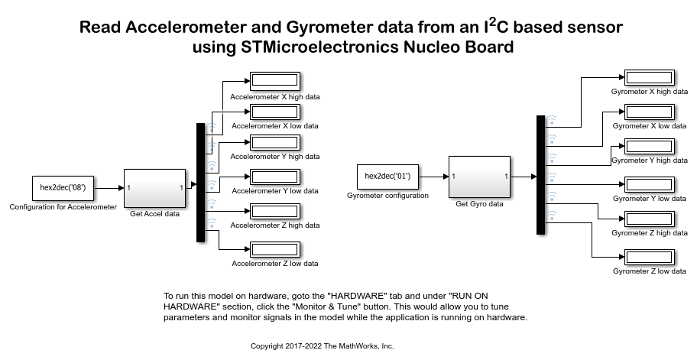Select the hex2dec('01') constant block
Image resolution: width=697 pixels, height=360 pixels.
pos(387,177)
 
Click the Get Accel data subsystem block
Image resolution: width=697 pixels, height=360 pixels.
pos(155,188)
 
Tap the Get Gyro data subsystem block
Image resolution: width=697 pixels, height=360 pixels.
pos(479,177)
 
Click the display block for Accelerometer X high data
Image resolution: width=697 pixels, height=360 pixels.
pos(275,81)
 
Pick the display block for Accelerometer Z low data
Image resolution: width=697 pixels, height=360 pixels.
pos(275,250)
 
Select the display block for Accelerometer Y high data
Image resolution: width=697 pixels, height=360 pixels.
pos(275,142)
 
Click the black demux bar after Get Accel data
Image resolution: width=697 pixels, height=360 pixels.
pos(201,183)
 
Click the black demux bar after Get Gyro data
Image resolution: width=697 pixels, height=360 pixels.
pos(540,175)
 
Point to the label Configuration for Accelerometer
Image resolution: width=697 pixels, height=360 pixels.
pos(63,207)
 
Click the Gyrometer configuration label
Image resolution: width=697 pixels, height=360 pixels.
pos(387,196)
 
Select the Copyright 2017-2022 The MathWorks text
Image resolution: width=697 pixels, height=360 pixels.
pos(322,346)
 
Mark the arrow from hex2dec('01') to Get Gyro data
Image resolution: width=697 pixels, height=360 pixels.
pos(433,177)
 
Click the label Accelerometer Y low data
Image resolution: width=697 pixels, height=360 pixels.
pos(274,191)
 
